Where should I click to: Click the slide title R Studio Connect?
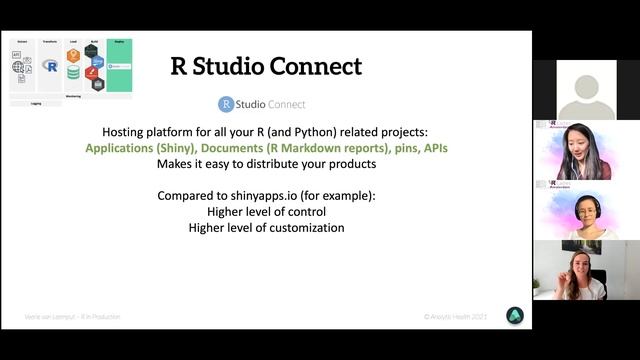click(x=266, y=67)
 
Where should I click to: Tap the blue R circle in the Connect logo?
click(x=226, y=104)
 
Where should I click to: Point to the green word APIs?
click(x=436, y=148)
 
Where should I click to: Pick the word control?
click(x=305, y=212)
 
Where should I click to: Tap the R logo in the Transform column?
click(x=50, y=66)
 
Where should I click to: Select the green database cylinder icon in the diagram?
click(x=74, y=73)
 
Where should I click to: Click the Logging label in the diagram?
click(x=36, y=103)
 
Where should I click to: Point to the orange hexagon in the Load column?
click(x=74, y=56)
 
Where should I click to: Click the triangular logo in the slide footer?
click(x=514, y=315)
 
